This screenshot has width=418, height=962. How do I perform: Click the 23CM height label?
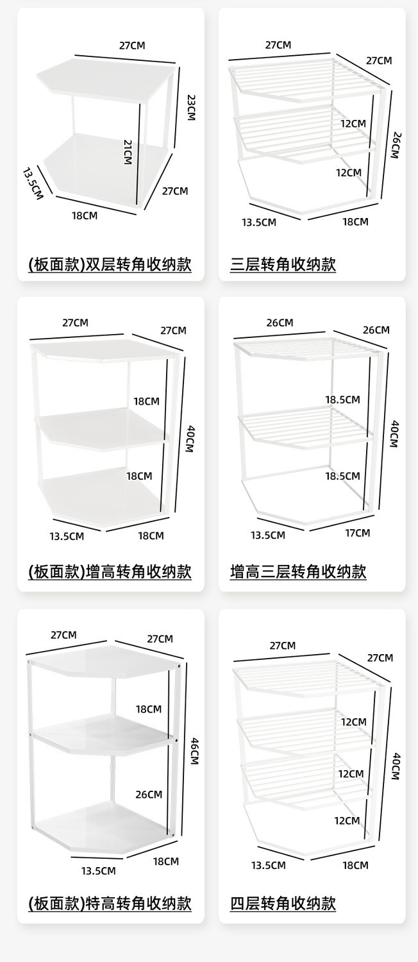tap(190, 107)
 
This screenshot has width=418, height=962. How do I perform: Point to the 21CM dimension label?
tap(127, 151)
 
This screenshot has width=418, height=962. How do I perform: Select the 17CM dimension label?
tap(357, 533)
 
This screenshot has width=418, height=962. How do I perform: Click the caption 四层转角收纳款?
tap(283, 903)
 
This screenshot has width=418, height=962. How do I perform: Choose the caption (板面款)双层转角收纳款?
tap(110, 264)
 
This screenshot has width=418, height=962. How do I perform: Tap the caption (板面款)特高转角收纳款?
tap(110, 903)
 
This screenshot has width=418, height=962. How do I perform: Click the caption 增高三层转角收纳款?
tap(298, 571)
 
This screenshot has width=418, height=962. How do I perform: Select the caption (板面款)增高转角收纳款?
tap(110, 571)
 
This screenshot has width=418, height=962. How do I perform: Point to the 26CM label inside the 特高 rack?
tap(149, 794)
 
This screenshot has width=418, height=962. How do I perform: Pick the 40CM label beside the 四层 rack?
tap(395, 765)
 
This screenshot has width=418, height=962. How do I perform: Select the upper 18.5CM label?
tap(342, 400)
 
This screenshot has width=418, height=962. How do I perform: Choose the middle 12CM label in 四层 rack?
tap(351, 774)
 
